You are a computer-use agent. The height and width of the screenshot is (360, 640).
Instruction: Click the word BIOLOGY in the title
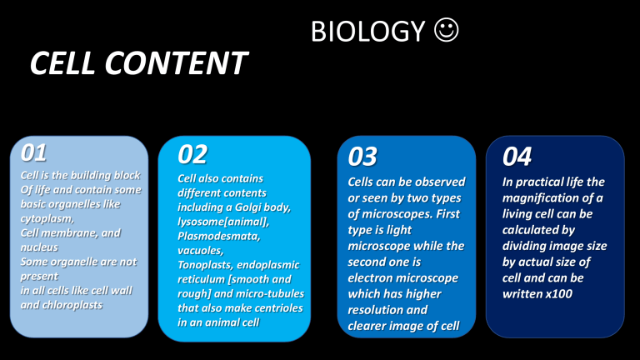point(367,32)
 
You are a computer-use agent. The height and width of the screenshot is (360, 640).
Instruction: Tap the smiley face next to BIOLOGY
point(446,31)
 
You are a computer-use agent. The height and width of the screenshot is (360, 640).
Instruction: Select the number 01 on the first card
point(34,152)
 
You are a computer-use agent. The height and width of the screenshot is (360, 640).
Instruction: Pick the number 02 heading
point(192,154)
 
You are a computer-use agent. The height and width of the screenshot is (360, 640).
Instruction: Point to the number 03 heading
point(362,156)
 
